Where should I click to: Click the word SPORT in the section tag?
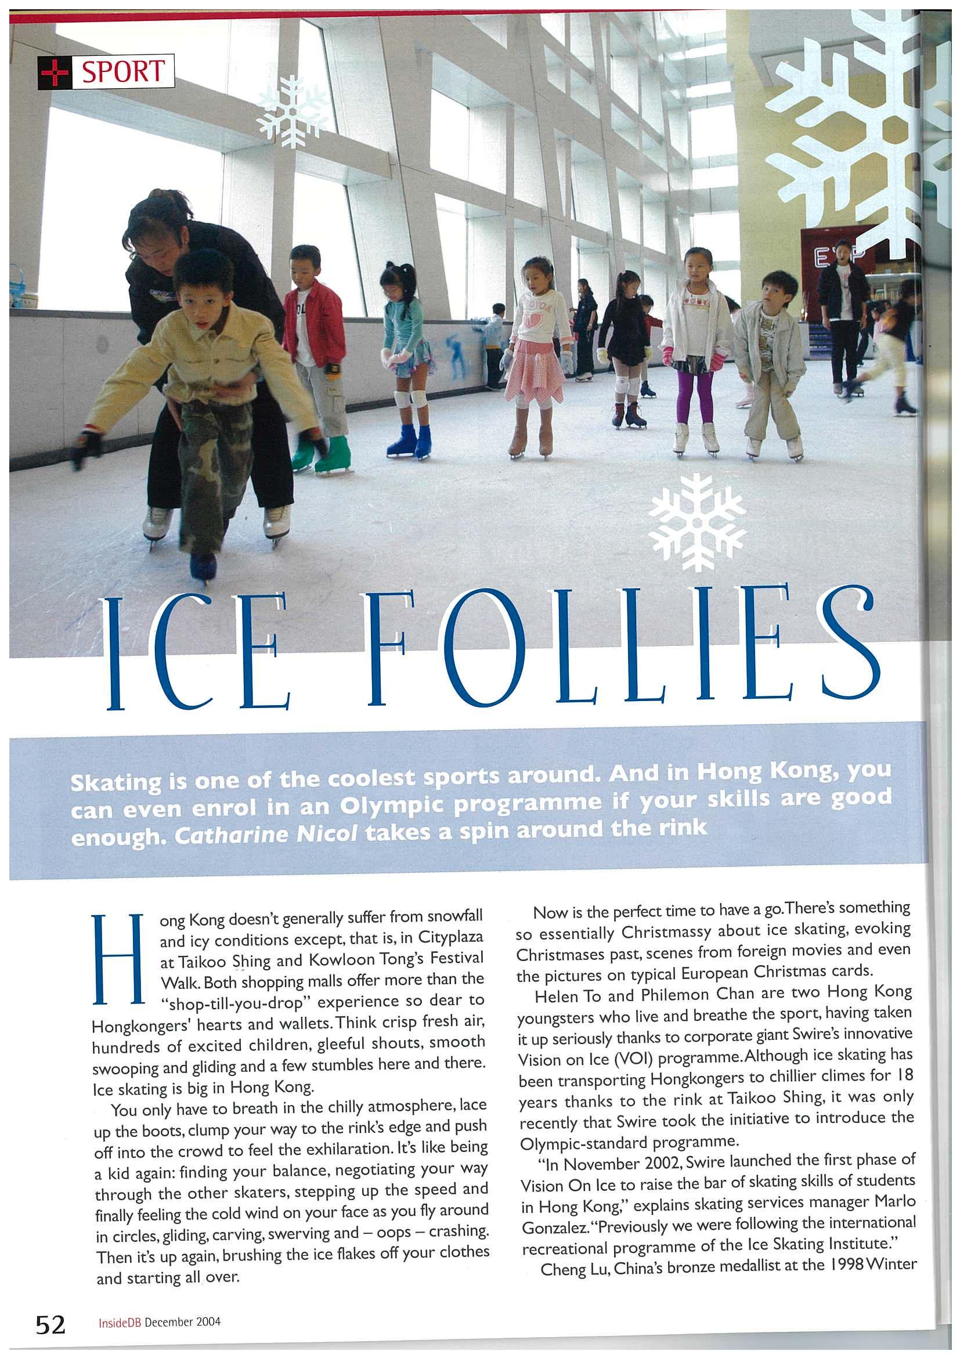(122, 71)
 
